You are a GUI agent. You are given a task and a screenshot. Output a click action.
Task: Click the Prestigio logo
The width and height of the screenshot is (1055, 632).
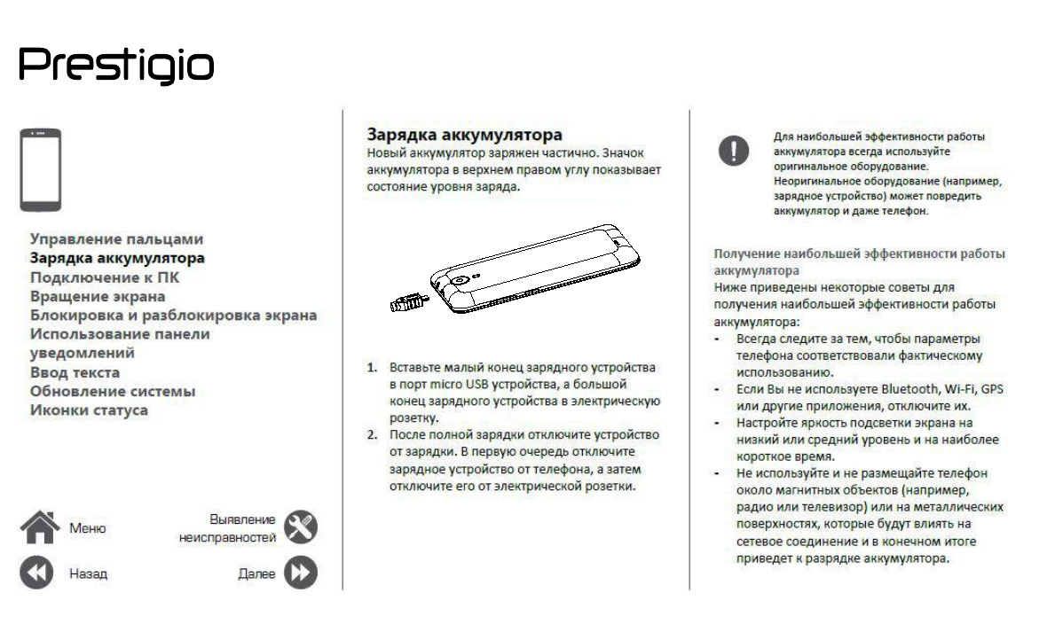tap(116, 66)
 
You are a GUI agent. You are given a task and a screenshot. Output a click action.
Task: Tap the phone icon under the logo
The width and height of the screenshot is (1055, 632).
tap(41, 169)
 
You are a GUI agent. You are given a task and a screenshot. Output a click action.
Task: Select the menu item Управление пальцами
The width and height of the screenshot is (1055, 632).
tap(116, 239)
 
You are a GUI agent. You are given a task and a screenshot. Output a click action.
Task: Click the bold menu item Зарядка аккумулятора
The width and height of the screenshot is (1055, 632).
tap(117, 259)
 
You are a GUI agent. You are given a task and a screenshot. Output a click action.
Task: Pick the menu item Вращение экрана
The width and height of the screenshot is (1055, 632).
tap(98, 296)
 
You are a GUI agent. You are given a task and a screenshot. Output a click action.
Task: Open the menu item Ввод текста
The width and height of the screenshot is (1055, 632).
tap(75, 372)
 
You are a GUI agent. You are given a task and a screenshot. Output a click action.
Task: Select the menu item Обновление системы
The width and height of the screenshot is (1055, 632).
tap(113, 391)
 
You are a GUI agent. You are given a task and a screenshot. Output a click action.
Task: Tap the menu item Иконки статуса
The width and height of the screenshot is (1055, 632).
tap(89, 410)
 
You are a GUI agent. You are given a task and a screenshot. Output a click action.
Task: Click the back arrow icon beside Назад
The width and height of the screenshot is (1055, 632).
tap(37, 573)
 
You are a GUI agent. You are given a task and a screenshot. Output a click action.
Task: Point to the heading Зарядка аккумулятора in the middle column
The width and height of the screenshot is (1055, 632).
tap(465, 135)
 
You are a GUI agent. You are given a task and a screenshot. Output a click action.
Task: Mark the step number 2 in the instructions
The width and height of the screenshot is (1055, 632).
tap(374, 435)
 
